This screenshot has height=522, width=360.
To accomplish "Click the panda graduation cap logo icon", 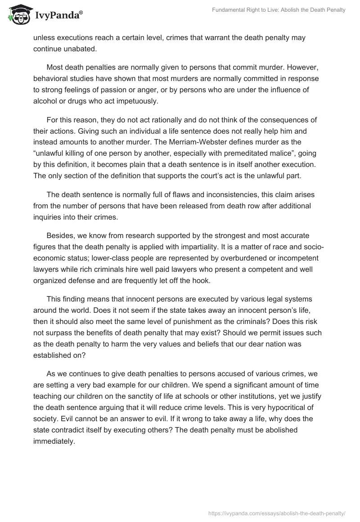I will pos(17,14).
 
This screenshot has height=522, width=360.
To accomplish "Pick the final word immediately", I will pos(54,442).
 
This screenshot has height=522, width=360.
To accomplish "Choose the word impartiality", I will pos(217,247).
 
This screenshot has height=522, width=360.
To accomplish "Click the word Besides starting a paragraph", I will pos(61,236).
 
